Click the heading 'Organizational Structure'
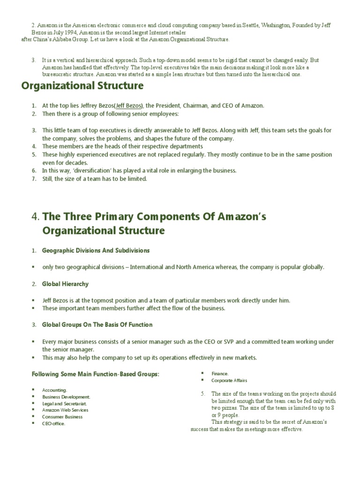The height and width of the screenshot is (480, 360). point(82,86)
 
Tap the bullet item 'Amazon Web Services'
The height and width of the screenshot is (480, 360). point(65,410)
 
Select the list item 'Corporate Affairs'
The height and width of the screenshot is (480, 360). point(229,380)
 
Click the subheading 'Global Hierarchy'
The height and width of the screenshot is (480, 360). point(65,284)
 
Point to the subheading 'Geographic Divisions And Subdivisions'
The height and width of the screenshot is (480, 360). point(96,250)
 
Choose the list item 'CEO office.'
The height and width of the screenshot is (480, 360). point(53,423)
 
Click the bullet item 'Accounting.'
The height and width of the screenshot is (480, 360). point(54,390)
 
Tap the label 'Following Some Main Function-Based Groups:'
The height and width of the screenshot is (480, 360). point(95,374)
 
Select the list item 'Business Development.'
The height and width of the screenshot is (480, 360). point(66,397)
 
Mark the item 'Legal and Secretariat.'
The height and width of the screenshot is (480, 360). point(64,403)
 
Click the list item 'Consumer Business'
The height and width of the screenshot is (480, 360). point(62,417)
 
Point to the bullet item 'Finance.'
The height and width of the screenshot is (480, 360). point(220,374)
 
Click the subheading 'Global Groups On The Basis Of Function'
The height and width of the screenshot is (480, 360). point(97,324)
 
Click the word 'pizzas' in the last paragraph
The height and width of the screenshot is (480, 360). point(235,408)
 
